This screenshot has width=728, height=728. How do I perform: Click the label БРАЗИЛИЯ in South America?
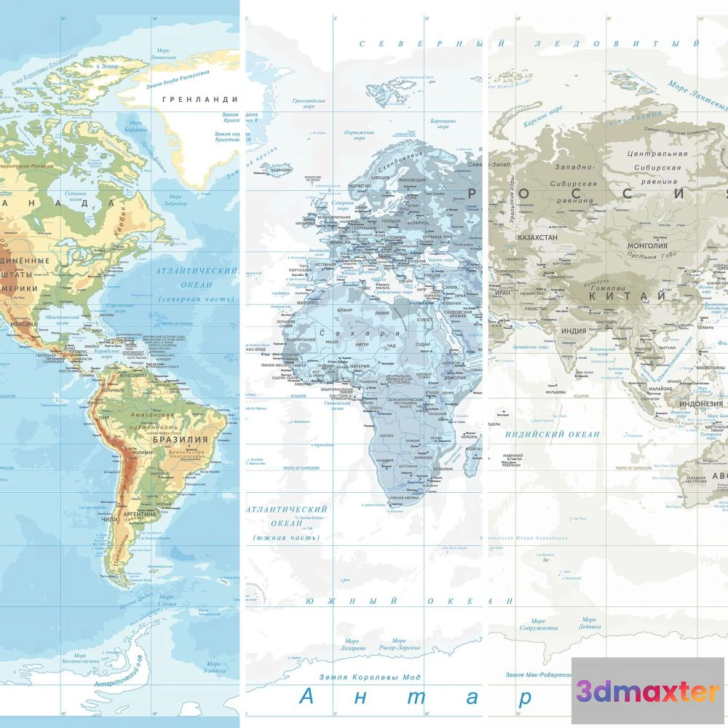(x=180, y=440)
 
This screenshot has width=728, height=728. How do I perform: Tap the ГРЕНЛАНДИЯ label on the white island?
(x=200, y=99)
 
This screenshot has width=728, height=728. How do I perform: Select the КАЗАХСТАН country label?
(x=537, y=237)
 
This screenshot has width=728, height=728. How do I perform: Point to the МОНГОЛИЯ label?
(x=647, y=246)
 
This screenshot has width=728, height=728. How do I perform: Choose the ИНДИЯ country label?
(x=573, y=331)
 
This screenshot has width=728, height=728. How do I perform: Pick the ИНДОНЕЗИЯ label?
(x=701, y=404)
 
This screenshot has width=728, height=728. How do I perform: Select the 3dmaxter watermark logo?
(x=649, y=692)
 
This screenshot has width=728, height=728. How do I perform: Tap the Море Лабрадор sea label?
(x=175, y=199)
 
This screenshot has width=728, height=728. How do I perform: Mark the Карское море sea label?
(x=544, y=115)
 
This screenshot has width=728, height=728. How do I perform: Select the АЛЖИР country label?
(x=344, y=310)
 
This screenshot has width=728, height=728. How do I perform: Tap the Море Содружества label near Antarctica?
(x=539, y=624)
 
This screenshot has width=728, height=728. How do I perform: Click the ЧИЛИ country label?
(x=110, y=519)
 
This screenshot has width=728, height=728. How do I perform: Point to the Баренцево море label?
(x=443, y=124)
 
